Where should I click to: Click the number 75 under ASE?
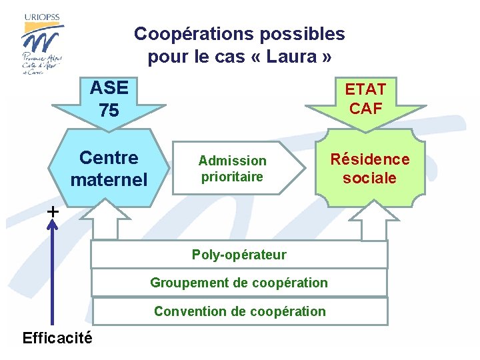109,110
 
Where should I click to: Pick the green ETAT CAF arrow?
365,99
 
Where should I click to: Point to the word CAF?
365,108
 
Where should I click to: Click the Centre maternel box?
109,169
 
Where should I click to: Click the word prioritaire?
233,177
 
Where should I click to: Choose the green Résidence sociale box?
371,169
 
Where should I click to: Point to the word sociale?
371,178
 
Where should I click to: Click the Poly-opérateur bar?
239,255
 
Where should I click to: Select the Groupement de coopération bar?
239,283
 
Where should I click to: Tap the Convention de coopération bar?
239,311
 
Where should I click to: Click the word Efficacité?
57,337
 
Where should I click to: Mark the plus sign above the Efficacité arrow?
53,211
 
